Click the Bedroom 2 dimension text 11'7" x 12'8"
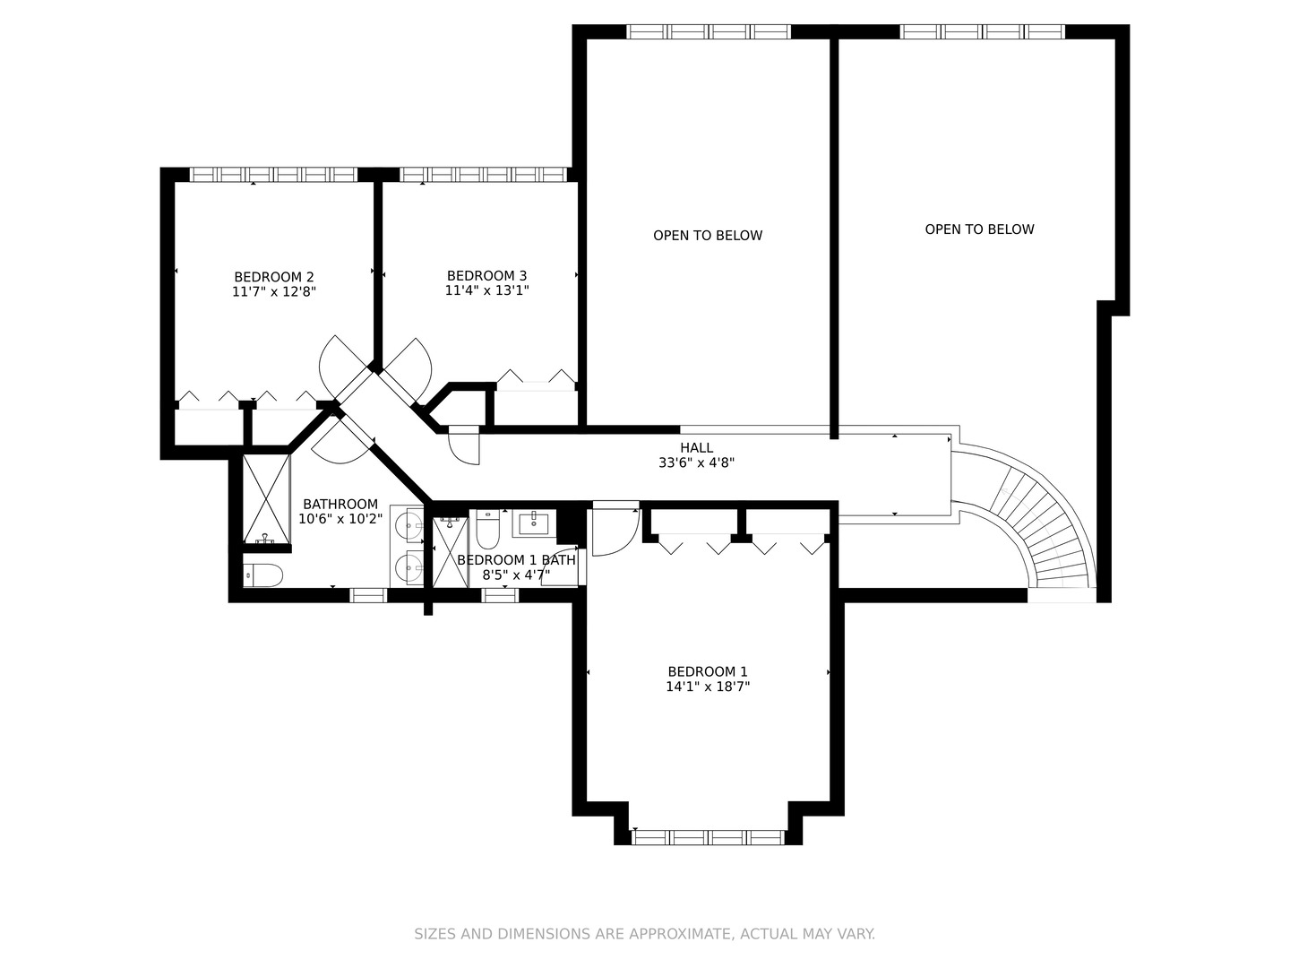click(x=274, y=292)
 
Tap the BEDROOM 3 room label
click(x=486, y=276)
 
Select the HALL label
click(x=696, y=448)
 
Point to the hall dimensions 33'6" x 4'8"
click(x=696, y=462)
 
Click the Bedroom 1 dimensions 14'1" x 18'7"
click(x=708, y=686)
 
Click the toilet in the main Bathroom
click(x=262, y=575)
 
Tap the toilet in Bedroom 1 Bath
click(x=487, y=529)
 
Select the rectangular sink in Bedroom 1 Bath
click(x=534, y=523)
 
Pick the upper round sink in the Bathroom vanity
click(x=408, y=524)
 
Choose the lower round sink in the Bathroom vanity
click(x=408, y=567)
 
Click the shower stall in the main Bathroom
click(x=266, y=499)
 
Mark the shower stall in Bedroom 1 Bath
click(x=451, y=551)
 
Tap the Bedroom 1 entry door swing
click(x=616, y=529)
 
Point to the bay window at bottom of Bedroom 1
click(x=709, y=837)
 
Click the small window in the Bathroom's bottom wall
click(x=368, y=595)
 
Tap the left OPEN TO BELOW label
click(x=708, y=236)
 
